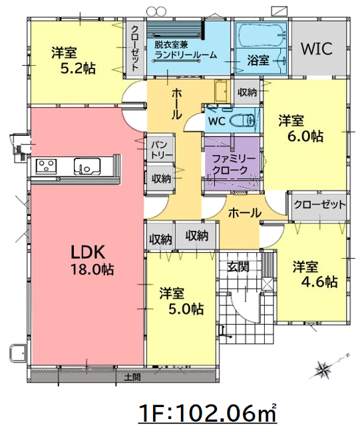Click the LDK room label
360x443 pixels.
pos(88,252)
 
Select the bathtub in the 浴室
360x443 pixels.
pos(261,36)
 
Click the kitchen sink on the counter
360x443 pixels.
pos(87,166)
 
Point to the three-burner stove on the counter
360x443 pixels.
pos(46,166)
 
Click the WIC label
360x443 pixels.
pos(317,49)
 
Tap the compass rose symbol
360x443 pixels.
pos(321,369)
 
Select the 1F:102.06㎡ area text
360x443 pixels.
pos(207,414)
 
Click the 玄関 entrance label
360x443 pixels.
pos(238,267)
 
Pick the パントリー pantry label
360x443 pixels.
pos(161,150)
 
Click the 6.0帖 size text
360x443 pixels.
pos(305,137)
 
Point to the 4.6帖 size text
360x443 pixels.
pos(319,281)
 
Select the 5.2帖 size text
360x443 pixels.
pos(78,68)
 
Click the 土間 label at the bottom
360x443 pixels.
pos(132,377)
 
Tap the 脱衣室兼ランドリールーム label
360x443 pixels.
pos(186,50)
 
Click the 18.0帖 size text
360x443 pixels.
pos(92,269)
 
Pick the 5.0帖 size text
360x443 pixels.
pos(186,309)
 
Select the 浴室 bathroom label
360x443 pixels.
pos(258,61)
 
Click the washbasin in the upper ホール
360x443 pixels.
pos(221,91)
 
